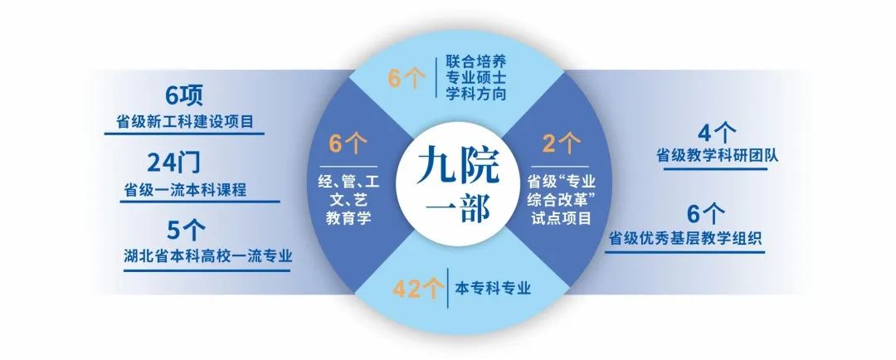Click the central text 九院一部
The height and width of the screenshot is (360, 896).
pyautogui.click(x=448, y=184)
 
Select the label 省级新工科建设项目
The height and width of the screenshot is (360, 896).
pyautogui.click(x=190, y=124)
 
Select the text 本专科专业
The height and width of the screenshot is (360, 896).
pyautogui.click(x=493, y=289)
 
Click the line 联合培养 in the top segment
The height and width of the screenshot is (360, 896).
pyautogui.click(x=476, y=63)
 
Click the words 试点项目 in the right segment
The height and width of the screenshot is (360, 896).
pyautogui.click(x=559, y=218)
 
